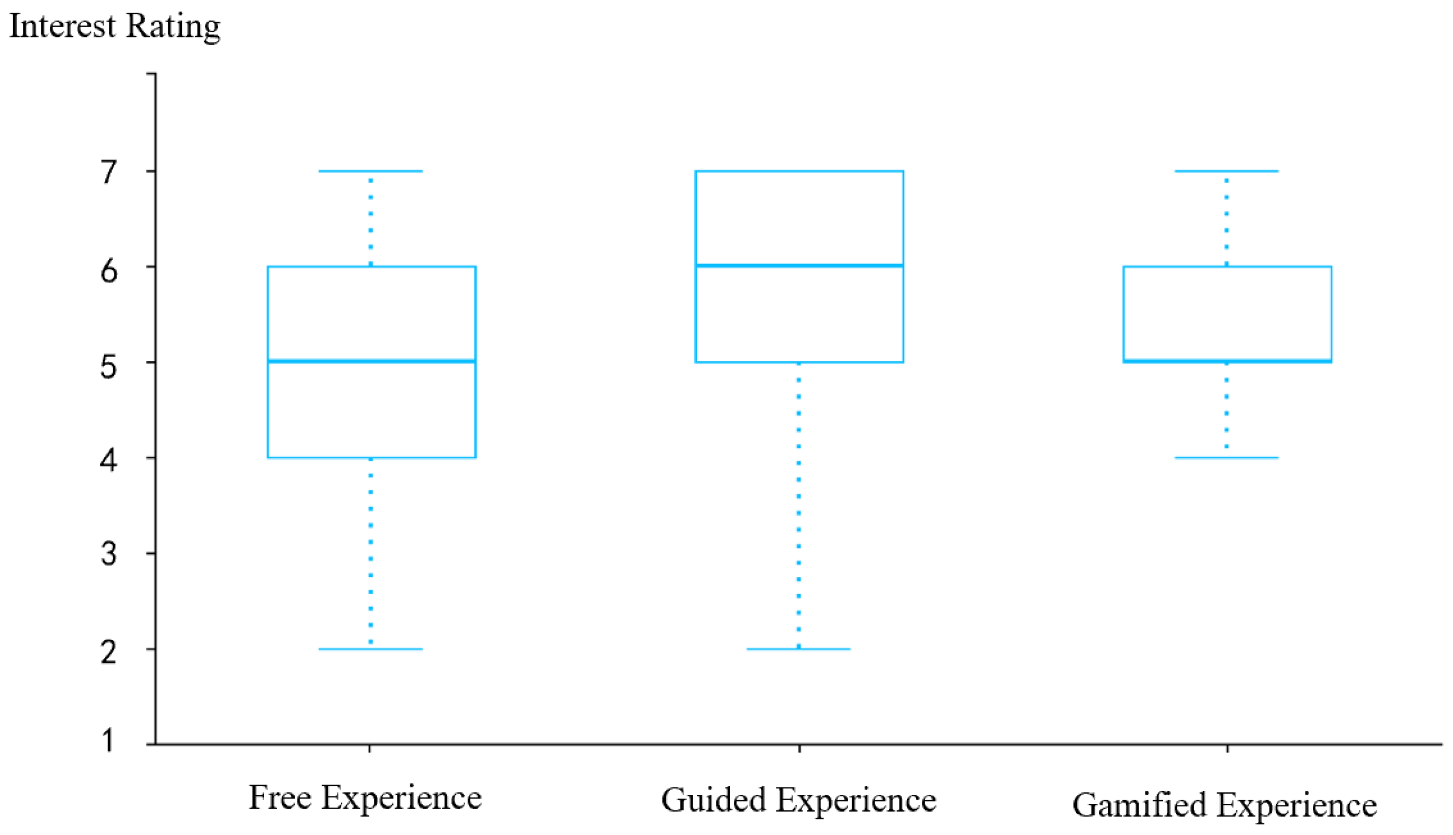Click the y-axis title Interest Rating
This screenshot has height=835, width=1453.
115,27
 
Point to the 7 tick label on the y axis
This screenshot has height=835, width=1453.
108,171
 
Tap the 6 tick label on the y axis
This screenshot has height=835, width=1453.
108,271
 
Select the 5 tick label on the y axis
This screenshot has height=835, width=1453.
108,367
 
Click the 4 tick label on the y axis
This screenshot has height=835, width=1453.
108,460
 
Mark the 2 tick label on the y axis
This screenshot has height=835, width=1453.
108,652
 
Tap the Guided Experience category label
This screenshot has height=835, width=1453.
799,801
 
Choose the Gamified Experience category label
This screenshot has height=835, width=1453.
1225,805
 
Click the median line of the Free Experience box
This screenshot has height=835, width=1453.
371,361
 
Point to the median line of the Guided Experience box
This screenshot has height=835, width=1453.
800,266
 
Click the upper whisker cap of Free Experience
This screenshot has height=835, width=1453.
370,171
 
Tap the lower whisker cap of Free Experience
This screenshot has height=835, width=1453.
370,649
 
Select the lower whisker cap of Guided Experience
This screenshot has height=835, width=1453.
799,649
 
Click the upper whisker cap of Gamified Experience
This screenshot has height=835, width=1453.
1227,171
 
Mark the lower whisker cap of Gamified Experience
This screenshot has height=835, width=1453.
1227,458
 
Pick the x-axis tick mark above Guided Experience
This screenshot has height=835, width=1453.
800,748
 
